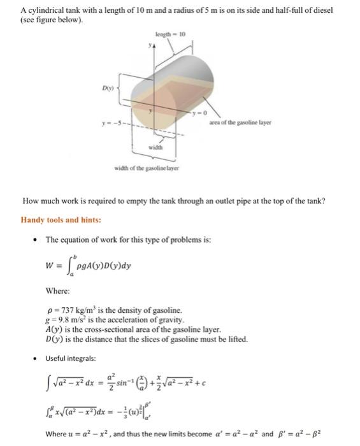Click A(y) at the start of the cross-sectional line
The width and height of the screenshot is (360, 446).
tap(54, 329)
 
